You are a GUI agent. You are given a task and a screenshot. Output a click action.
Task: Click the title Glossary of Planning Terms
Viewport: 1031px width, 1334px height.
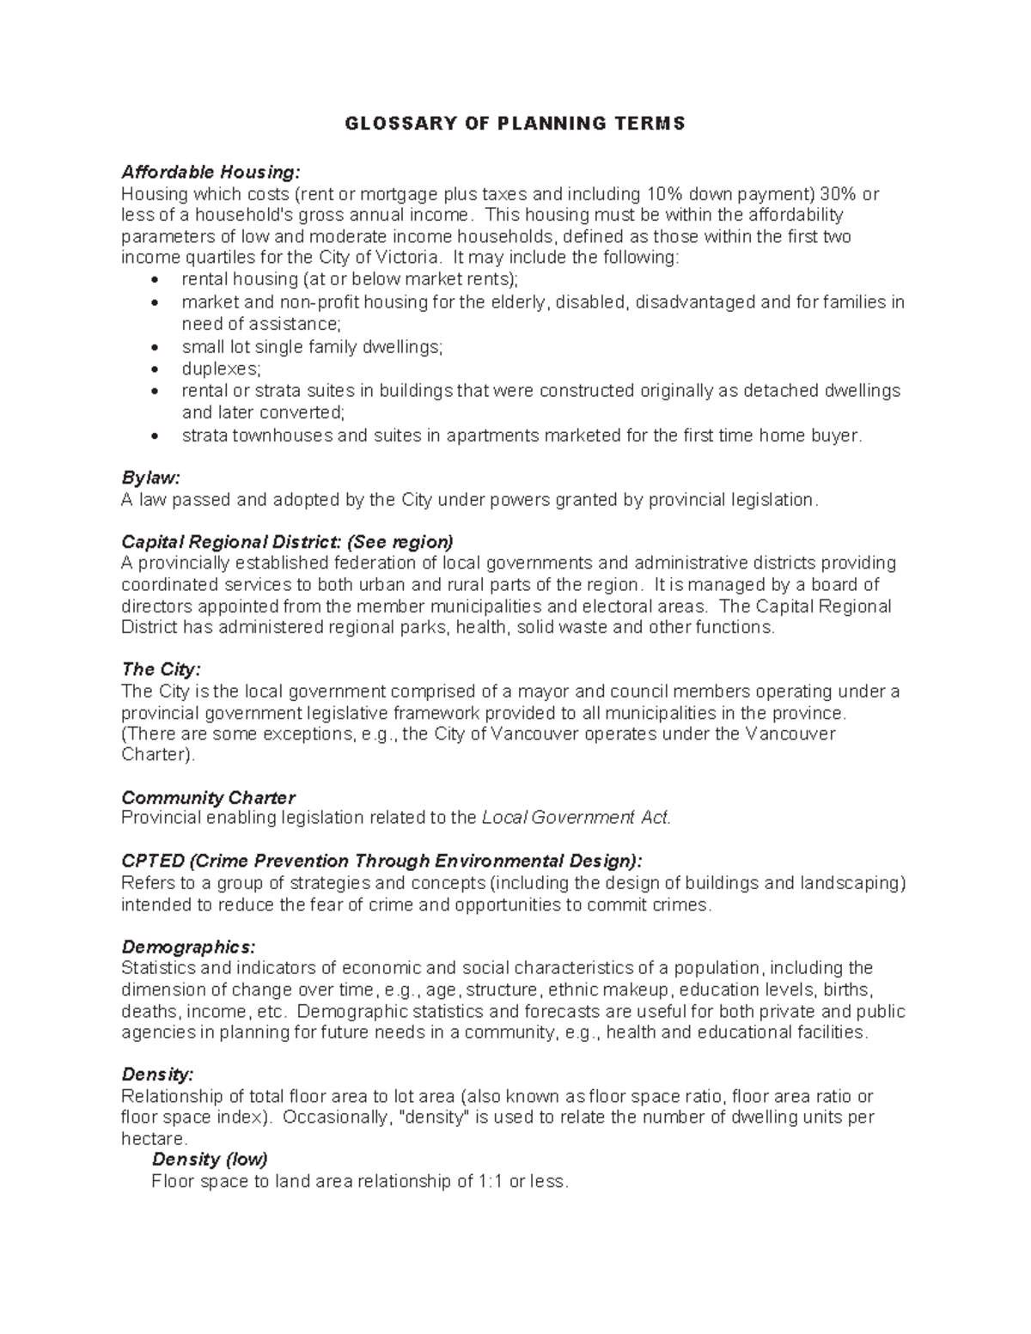pos(515,124)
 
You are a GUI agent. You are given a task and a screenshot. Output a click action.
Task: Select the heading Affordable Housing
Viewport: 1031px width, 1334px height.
pos(211,172)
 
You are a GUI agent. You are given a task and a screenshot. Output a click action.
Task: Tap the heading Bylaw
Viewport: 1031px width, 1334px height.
pos(150,478)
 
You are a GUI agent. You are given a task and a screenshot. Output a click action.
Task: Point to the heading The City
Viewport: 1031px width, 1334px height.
pos(161,670)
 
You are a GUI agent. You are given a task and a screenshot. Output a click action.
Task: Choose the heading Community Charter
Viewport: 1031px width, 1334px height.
pos(208,798)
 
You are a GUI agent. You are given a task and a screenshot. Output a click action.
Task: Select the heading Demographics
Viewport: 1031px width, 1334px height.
pos(188,947)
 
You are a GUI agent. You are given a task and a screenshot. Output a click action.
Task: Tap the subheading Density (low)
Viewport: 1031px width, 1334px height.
pos(210,1160)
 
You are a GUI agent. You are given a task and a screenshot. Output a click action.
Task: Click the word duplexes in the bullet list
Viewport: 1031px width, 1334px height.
pos(220,369)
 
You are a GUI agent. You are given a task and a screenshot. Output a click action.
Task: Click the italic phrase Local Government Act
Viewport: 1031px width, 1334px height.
pos(575,818)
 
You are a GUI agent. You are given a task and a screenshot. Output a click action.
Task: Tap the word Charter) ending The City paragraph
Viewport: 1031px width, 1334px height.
pos(158,755)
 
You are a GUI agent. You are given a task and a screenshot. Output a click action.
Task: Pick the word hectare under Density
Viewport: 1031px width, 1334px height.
pos(153,1139)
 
